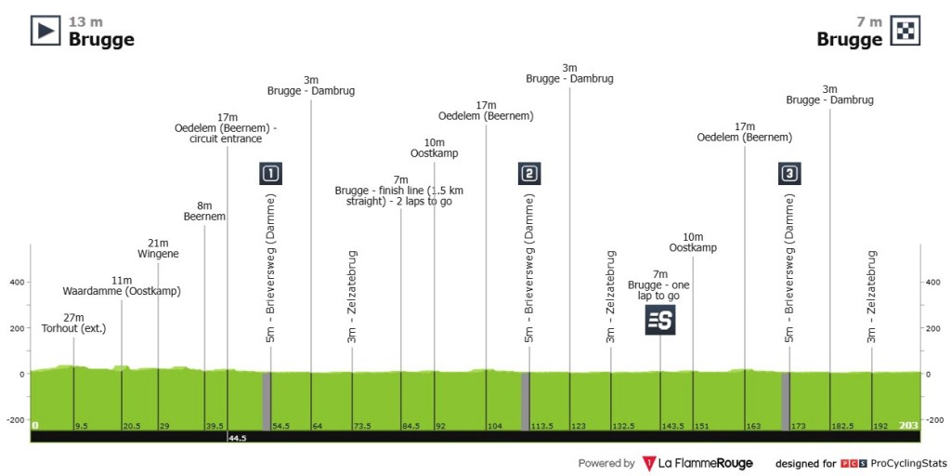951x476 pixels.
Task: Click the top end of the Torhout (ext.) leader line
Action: (x=74, y=337)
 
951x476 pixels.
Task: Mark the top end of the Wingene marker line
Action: (x=158, y=262)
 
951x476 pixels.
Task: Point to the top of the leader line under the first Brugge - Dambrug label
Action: (x=311, y=99)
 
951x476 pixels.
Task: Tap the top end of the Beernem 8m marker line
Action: (x=204, y=225)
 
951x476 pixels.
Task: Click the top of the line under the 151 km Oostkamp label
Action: (x=693, y=257)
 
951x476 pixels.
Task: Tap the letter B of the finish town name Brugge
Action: (x=823, y=39)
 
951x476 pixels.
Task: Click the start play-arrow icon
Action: (x=46, y=31)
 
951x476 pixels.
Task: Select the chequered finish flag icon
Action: (x=905, y=31)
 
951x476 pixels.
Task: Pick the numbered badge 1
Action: (x=270, y=174)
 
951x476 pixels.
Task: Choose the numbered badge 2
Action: (x=529, y=174)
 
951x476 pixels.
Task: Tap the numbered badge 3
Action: (x=789, y=174)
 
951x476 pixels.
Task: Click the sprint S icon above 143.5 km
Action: (x=660, y=320)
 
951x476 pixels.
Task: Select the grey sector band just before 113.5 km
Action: (x=526, y=402)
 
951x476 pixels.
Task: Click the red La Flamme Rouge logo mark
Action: (x=648, y=464)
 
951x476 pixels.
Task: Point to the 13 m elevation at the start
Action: (x=85, y=22)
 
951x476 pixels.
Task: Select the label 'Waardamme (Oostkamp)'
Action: (x=122, y=291)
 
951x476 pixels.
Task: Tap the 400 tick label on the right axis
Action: (x=932, y=283)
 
